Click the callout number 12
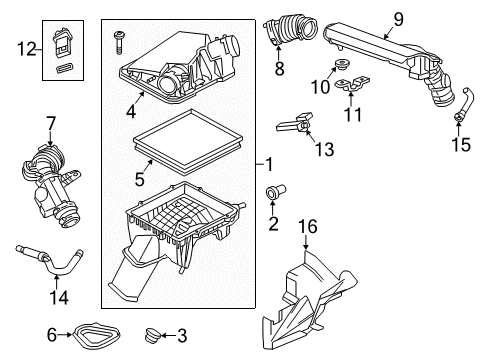point(25,46)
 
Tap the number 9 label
point(397,17)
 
